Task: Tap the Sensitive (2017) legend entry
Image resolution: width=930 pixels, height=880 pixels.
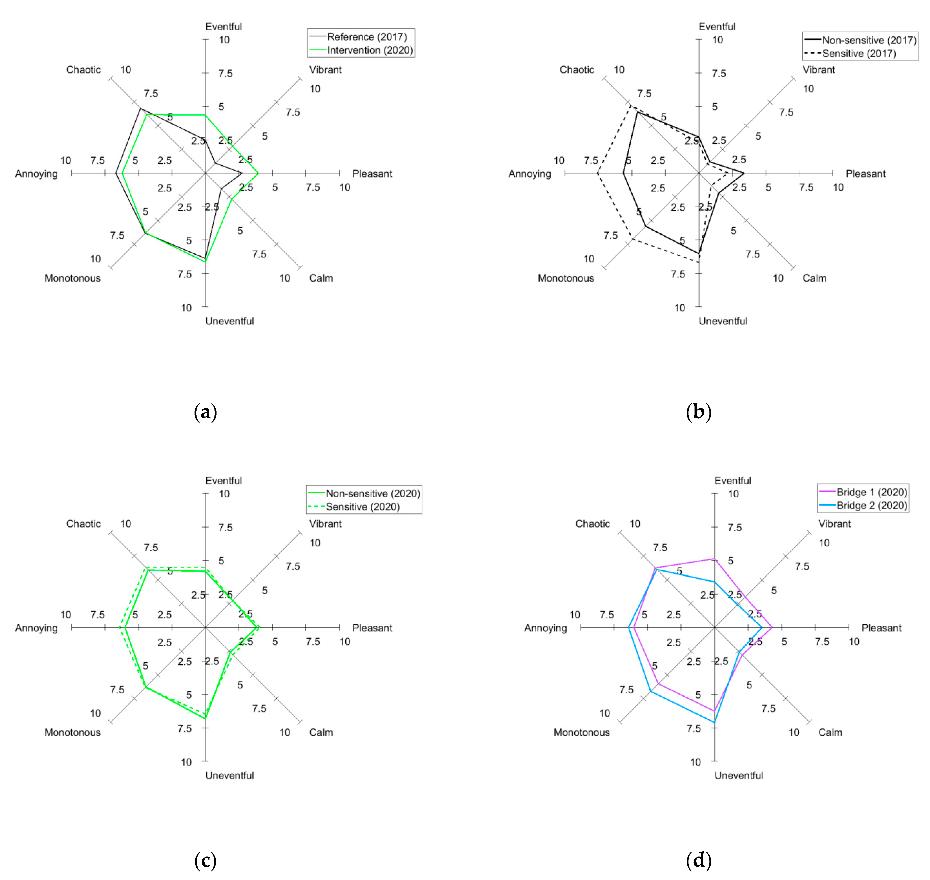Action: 859,54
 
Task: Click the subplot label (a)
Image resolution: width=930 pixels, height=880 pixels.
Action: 205,412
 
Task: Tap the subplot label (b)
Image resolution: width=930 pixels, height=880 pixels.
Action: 698,412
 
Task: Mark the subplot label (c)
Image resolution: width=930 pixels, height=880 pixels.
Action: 205,860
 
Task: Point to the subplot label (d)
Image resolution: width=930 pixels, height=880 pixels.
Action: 698,860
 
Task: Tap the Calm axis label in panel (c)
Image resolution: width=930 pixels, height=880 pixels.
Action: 321,732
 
